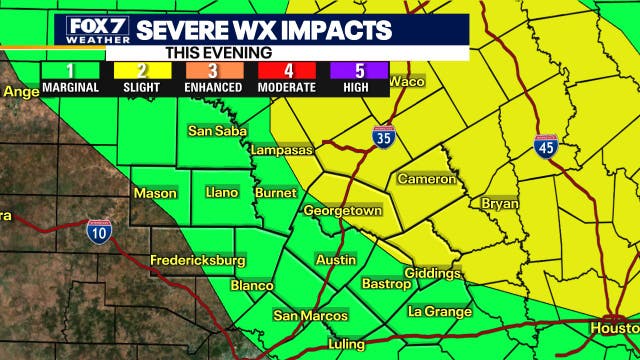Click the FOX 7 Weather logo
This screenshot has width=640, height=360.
coord(98,30)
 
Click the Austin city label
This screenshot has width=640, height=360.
coord(335,260)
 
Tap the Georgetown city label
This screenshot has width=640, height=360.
coord(343,212)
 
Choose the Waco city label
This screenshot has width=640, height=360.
coord(406,82)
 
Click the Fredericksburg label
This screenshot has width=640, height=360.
coord(197,261)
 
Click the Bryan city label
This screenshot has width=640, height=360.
coord(500,203)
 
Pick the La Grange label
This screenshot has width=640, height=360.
coord(440,312)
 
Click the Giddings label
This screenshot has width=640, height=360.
coord(433,273)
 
